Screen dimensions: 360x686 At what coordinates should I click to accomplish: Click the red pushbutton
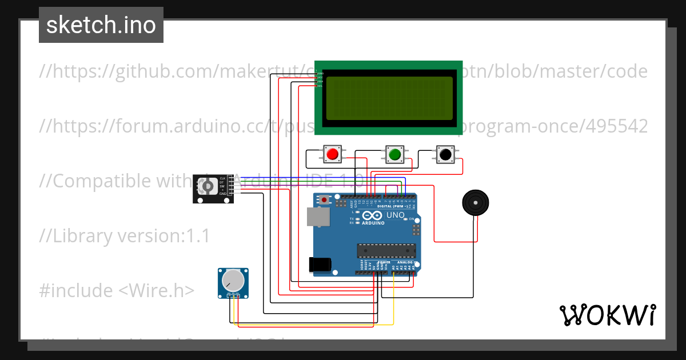332,154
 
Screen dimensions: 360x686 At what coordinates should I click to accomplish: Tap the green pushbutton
394,154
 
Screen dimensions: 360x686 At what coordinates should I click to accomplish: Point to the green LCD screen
389,98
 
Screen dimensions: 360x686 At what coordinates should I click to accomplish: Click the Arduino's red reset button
325,200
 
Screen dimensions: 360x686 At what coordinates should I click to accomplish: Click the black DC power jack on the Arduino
320,264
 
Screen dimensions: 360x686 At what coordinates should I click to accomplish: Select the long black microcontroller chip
386,250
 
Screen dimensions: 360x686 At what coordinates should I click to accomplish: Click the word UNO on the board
396,215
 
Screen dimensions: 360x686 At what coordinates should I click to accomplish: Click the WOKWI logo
607,315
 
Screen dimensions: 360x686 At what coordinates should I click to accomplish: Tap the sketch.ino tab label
101,25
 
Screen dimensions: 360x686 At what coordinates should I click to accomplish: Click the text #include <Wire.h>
117,290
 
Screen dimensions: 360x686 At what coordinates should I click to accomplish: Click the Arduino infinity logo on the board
372,216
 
